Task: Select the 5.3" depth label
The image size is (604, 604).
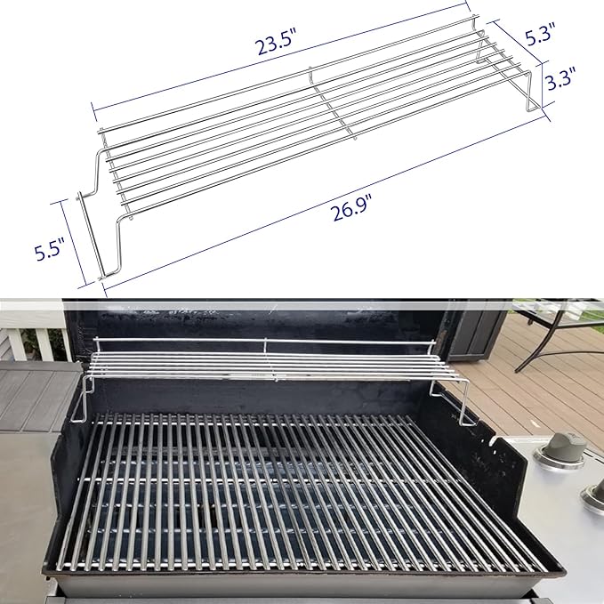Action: [x=540, y=36]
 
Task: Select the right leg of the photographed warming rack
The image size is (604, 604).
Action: [x=466, y=400]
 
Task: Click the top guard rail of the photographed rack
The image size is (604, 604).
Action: [x=267, y=341]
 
